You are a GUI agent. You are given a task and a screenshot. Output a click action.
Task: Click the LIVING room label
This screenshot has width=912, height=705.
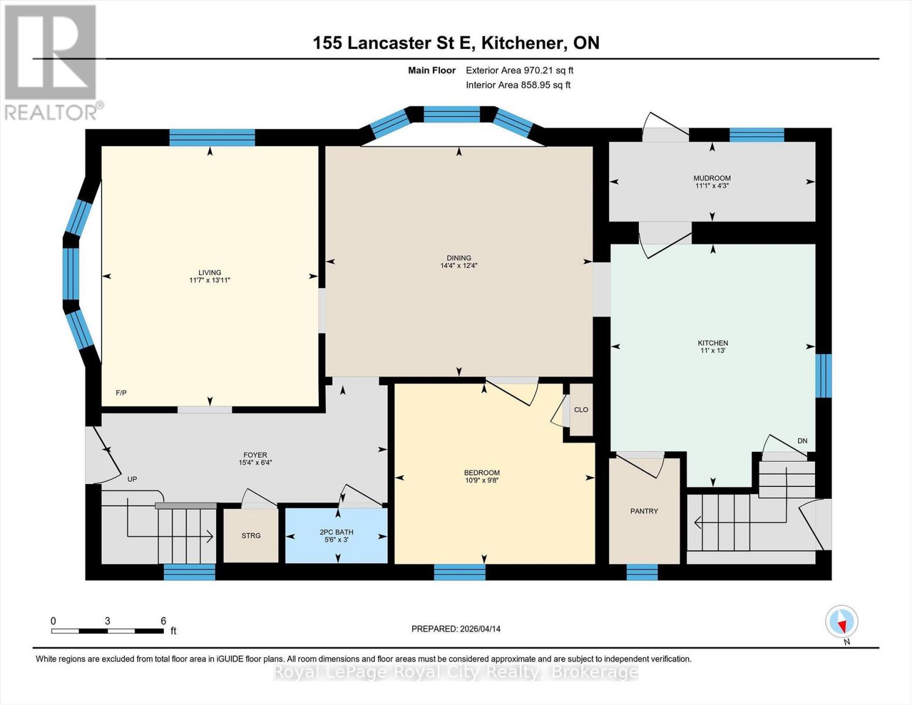pyautogui.click(x=210, y=273)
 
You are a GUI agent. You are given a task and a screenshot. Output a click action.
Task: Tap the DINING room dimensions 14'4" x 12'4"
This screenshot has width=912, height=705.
pyautogui.click(x=459, y=266)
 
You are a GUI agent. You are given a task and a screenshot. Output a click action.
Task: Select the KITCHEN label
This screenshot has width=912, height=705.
pyautogui.click(x=712, y=343)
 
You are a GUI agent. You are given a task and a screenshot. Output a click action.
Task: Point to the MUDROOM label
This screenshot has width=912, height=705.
pyautogui.click(x=712, y=178)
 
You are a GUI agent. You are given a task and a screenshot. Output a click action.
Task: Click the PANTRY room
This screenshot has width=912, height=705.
pyautogui.click(x=644, y=511)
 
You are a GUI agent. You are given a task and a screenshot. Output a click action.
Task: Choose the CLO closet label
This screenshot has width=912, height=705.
pyautogui.click(x=581, y=409)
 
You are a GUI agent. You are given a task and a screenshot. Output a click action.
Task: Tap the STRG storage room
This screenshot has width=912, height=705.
pyautogui.click(x=251, y=535)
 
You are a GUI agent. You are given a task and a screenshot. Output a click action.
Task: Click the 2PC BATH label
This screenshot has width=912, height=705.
pyautogui.click(x=336, y=532)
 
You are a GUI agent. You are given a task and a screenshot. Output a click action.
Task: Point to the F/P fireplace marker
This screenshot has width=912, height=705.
pyautogui.click(x=122, y=392)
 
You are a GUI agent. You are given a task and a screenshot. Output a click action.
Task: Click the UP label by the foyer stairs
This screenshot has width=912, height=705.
pyautogui.click(x=132, y=479)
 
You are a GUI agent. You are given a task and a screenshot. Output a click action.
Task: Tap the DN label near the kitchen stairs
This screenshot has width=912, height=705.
pyautogui.click(x=802, y=441)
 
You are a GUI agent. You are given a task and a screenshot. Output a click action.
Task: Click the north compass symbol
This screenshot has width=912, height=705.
pyautogui.click(x=842, y=622)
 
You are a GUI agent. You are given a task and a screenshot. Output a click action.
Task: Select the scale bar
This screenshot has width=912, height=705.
pyautogui.click(x=107, y=631)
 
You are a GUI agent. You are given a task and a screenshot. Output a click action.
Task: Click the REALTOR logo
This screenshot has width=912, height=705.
pyautogui.click(x=51, y=62)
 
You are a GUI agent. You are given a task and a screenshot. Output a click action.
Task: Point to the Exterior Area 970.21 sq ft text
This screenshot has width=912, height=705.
pyautogui.click(x=519, y=70)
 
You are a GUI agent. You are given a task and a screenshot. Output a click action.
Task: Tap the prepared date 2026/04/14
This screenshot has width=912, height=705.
pyautogui.click(x=456, y=629)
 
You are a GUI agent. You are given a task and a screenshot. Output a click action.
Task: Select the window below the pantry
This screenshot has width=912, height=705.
pyautogui.click(x=642, y=572)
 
